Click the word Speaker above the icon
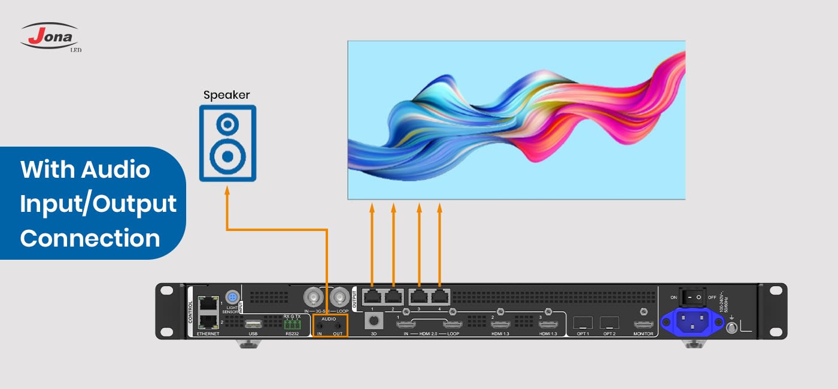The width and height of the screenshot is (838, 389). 226,95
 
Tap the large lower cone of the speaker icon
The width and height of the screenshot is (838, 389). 227,157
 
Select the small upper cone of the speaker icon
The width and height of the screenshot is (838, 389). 227,124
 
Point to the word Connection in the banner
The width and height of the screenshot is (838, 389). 90,238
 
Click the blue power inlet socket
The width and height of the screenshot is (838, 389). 692,323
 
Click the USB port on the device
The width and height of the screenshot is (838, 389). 253,323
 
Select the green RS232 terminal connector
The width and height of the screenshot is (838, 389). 292,324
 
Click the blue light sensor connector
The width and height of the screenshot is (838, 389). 232,297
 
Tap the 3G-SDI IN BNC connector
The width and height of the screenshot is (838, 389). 313,296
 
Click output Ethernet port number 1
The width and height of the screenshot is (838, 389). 372,296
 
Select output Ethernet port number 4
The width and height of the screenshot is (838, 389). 440,296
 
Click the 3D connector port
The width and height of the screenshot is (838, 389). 373,322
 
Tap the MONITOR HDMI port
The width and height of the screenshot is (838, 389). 643,324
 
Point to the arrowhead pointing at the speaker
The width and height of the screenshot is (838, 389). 227,191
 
